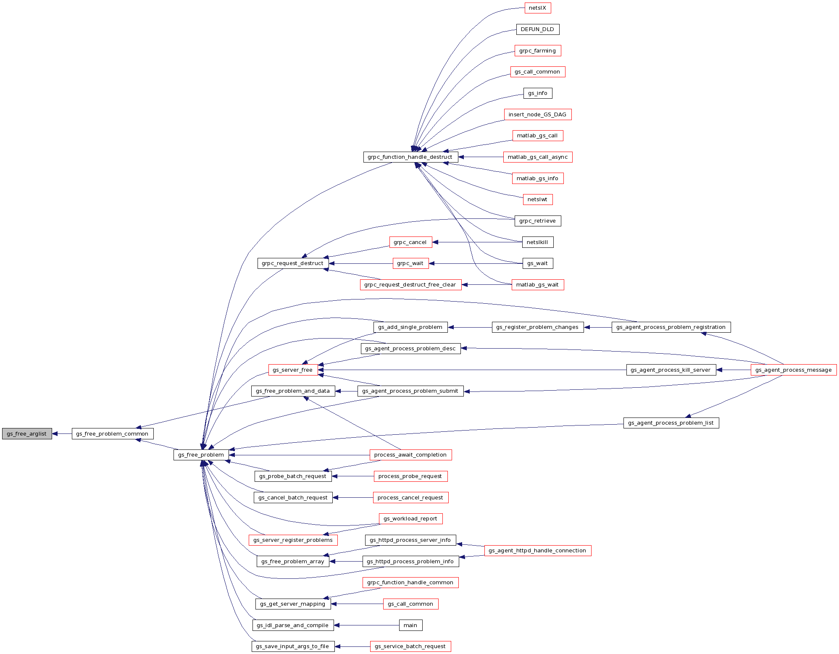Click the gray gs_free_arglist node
[27, 433]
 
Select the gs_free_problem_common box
[112, 433]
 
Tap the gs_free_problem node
[201, 454]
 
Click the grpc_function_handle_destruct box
[410, 157]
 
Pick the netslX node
[537, 8]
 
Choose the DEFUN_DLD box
[537, 29]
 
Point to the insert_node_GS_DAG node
[537, 114]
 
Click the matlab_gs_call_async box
[537, 157]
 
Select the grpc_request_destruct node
[292, 263]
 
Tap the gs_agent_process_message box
[793, 370]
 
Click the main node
[410, 625]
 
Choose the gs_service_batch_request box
[410, 646]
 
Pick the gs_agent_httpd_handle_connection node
[537, 550]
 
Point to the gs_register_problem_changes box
[537, 327]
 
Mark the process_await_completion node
[410, 454]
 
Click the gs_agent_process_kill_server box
[671, 370]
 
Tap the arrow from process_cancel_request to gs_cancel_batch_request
[353, 497]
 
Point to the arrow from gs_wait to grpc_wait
[475, 263]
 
